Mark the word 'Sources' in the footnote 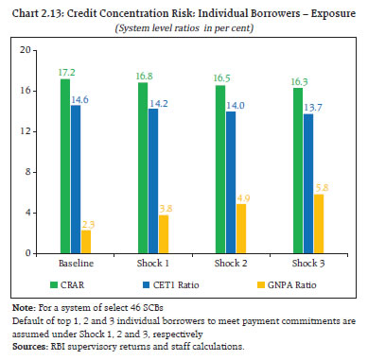coord(28,347)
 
